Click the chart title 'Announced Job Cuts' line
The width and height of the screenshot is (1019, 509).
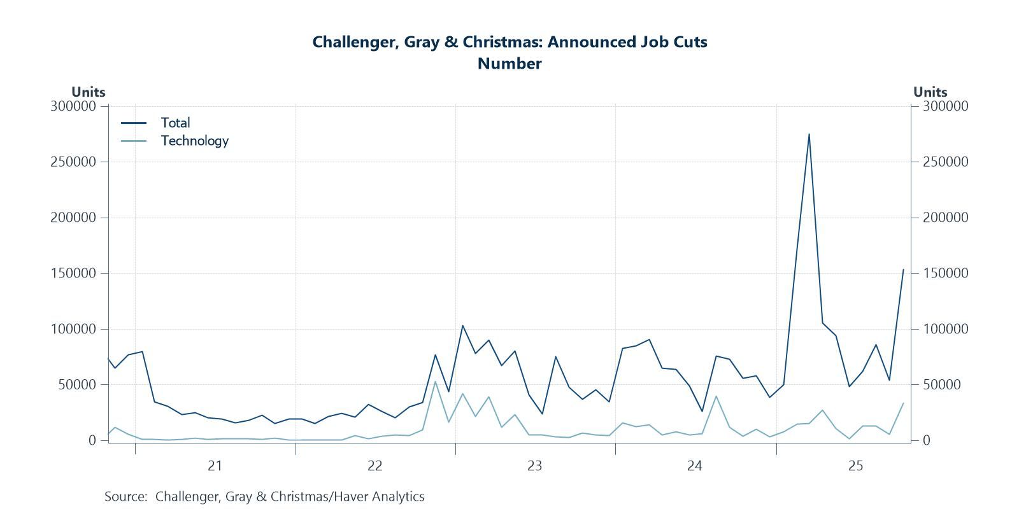(x=509, y=42)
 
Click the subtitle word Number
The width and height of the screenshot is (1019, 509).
(x=509, y=64)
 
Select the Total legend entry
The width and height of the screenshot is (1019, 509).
(x=175, y=123)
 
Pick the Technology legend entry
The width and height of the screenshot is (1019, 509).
(x=194, y=141)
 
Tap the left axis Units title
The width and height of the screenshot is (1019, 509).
(x=88, y=92)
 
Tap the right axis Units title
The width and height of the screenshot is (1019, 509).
(x=930, y=92)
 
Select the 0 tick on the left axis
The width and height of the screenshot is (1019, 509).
(x=92, y=440)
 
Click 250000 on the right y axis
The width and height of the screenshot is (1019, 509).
(x=946, y=162)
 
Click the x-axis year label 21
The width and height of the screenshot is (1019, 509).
(x=215, y=466)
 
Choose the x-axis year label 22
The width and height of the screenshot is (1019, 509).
(x=374, y=466)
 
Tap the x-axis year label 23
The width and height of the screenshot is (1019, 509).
(x=534, y=466)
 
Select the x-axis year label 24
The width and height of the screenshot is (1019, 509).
(x=694, y=466)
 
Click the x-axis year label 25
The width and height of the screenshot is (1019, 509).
(x=855, y=466)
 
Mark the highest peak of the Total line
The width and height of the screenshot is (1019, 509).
(x=809, y=134)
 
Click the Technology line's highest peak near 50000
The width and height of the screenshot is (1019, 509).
(x=435, y=381)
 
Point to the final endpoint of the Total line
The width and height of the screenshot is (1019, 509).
(x=903, y=269)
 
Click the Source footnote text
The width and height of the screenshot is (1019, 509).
(x=264, y=496)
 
